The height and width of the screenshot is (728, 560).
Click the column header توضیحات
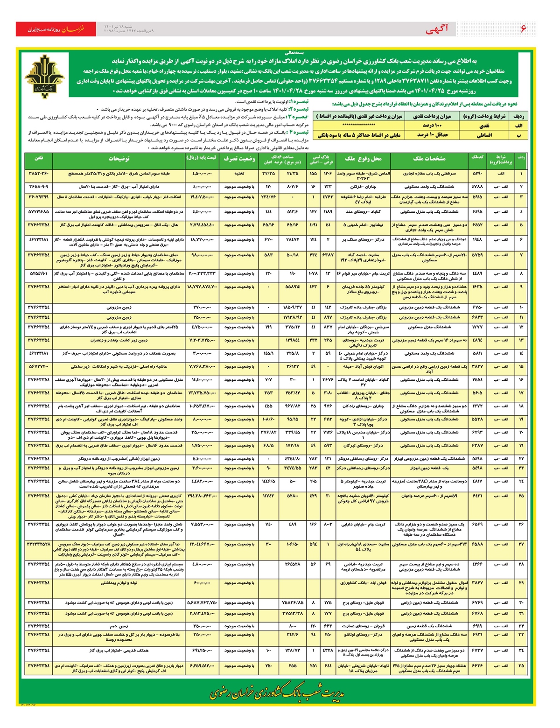tap(119, 159)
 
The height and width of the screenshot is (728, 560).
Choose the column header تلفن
tap(39, 159)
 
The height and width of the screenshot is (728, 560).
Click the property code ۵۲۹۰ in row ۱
tap(477, 174)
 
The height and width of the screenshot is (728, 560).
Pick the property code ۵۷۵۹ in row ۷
tap(477, 255)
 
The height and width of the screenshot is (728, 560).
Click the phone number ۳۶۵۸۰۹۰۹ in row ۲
tap(39, 186)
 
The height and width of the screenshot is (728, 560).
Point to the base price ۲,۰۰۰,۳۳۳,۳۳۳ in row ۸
tap(203, 273)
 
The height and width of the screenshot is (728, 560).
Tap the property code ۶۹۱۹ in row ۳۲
tap(477, 626)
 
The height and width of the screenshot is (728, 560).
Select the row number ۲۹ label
tap(521, 583)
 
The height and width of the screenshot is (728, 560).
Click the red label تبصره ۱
tap(299, 101)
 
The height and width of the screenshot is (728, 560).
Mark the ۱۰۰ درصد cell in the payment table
tap(432, 126)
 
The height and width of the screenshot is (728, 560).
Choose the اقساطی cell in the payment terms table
tap(485, 135)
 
